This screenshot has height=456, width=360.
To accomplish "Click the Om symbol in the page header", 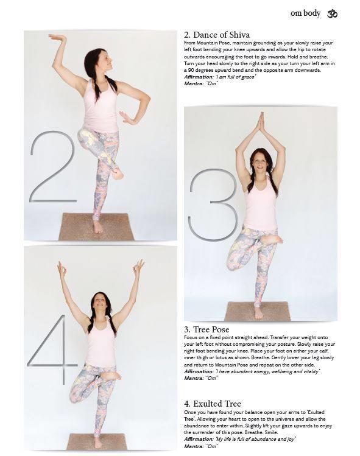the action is pyautogui.click(x=332, y=14).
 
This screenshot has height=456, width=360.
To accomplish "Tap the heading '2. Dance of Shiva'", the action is pyautogui.click(x=217, y=35).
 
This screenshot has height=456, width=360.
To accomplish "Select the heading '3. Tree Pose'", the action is pyautogui.click(x=206, y=329).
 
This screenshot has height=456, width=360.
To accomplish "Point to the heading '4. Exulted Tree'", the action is pyautogui.click(x=213, y=404).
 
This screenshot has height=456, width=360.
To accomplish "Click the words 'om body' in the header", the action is pyautogui.click(x=305, y=13).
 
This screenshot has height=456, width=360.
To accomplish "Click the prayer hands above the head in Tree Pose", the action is pyautogui.click(x=261, y=122).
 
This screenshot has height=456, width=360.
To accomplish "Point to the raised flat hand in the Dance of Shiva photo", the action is pyautogui.click(x=57, y=38).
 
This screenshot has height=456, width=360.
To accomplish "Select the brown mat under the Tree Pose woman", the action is pyautogui.click(x=258, y=311).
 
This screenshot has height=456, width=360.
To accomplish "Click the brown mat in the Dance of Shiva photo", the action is pyautogui.click(x=96, y=227).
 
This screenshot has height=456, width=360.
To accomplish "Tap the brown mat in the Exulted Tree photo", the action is pyautogui.click(x=97, y=441).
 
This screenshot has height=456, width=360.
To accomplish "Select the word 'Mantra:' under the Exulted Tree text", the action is pyautogui.click(x=194, y=446).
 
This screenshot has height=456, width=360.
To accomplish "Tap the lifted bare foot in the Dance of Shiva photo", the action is pyautogui.click(x=118, y=175).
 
